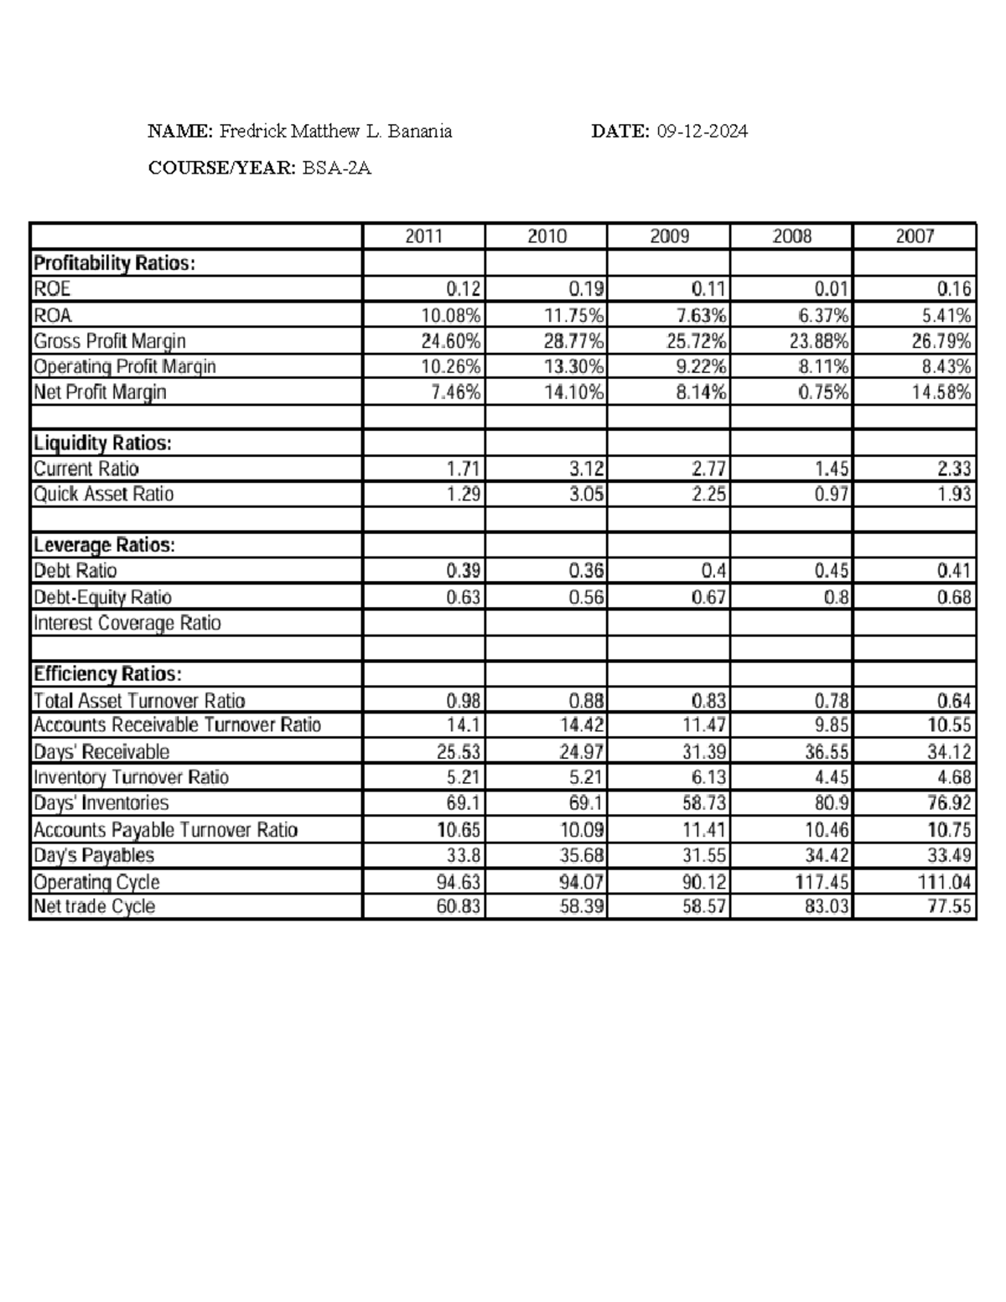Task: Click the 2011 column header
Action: (423, 236)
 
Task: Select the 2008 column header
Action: (791, 236)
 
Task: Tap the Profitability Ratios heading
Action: (114, 263)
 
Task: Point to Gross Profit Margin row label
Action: (109, 341)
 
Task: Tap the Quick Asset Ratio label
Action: (103, 494)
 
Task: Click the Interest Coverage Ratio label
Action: (127, 623)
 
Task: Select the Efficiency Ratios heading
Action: (106, 674)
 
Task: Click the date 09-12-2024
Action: (702, 131)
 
